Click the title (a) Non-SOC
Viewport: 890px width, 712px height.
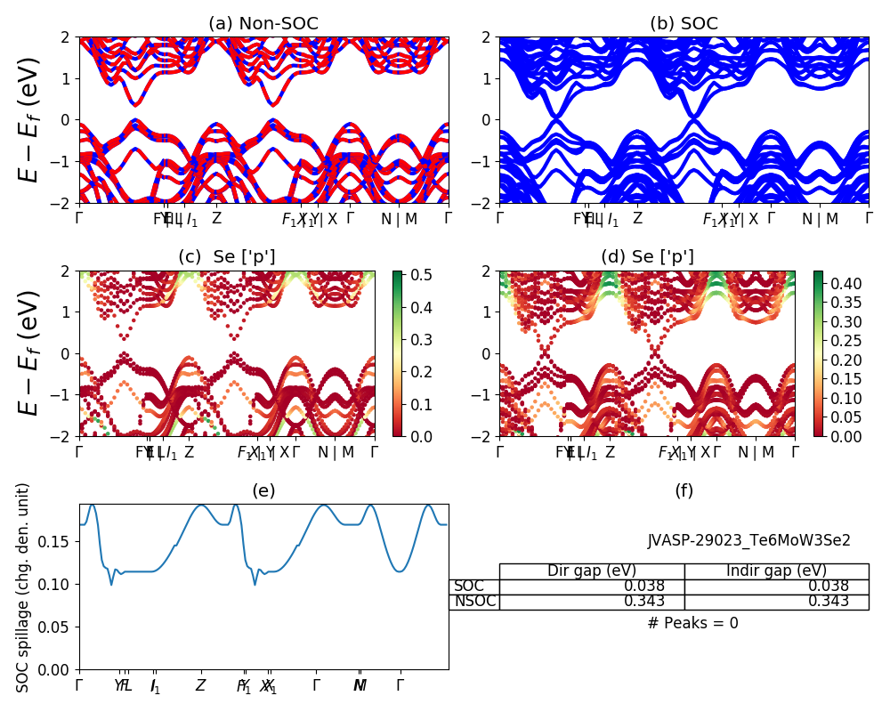(263, 24)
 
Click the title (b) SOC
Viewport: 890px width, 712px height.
(684, 24)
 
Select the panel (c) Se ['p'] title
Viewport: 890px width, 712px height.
(226, 257)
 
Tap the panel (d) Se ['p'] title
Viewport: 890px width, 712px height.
(647, 257)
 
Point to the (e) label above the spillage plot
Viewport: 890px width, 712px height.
(263, 490)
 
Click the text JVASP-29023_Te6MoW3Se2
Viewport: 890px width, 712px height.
(748, 540)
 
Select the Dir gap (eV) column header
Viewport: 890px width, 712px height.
(592, 570)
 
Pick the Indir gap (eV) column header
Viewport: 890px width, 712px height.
(776, 570)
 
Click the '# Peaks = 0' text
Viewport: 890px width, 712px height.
(692, 623)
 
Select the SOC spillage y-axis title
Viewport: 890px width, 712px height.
(24, 587)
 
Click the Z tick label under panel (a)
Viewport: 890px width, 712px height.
(216, 219)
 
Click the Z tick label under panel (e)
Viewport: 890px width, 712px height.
(201, 685)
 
